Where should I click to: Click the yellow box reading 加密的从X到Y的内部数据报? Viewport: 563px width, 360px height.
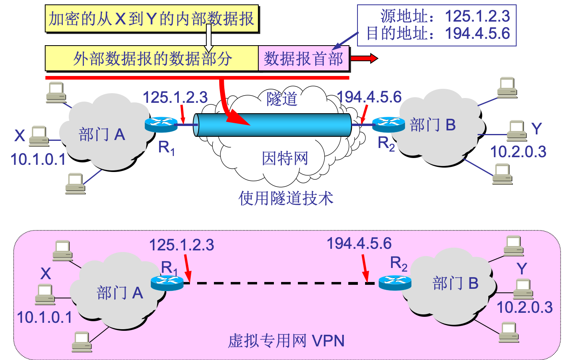point(152,19)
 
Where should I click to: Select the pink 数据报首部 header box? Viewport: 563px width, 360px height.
point(303,58)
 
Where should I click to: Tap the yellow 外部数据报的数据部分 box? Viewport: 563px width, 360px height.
point(152,58)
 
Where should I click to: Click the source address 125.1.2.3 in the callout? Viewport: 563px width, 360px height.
point(477,16)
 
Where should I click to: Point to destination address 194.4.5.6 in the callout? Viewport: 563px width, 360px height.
point(477,34)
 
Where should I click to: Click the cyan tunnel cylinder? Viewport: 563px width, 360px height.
point(274,125)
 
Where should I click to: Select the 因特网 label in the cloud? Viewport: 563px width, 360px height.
point(285,158)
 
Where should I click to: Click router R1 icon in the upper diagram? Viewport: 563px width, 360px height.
point(161,124)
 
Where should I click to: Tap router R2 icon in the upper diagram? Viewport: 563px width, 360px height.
point(388,124)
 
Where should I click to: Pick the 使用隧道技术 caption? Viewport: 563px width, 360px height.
point(285,198)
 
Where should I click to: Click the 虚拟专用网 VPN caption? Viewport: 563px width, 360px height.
point(286,341)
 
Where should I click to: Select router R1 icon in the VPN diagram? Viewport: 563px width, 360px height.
point(167,283)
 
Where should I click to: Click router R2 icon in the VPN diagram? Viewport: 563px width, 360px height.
point(395,283)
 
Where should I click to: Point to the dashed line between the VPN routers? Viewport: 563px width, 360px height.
point(276,283)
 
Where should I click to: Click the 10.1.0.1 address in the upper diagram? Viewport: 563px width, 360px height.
point(38,160)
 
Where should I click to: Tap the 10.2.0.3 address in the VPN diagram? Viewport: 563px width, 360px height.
point(525,307)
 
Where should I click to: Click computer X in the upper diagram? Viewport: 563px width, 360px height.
point(38,136)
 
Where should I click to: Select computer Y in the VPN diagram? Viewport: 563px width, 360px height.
point(523,289)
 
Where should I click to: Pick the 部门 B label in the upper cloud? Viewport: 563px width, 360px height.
point(433,125)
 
